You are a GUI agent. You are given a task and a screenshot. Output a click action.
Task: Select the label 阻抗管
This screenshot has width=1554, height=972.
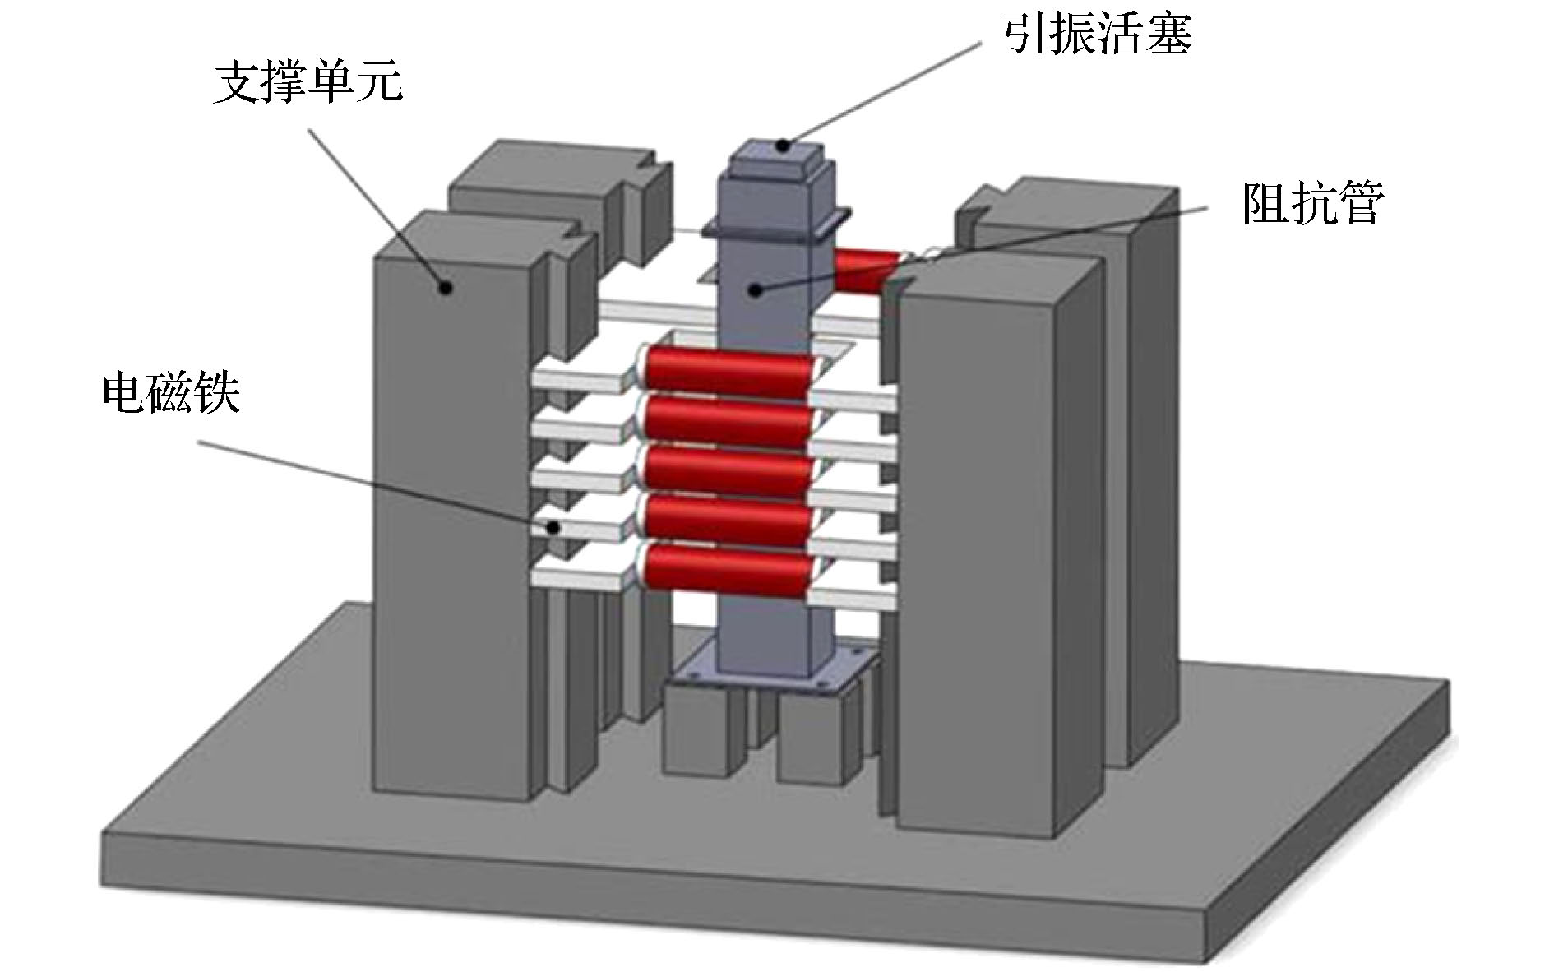pyautogui.click(x=1312, y=203)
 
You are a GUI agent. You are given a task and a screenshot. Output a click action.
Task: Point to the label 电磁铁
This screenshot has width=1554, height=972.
pyautogui.click(x=172, y=394)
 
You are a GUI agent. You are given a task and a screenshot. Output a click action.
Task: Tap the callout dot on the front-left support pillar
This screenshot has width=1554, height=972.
pyautogui.click(x=446, y=287)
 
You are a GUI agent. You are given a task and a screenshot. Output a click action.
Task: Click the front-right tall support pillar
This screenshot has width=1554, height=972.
pyautogui.click(x=978, y=559)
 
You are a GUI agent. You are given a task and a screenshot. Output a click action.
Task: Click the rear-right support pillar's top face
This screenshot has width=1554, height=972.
pyautogui.click(x=1069, y=206)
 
